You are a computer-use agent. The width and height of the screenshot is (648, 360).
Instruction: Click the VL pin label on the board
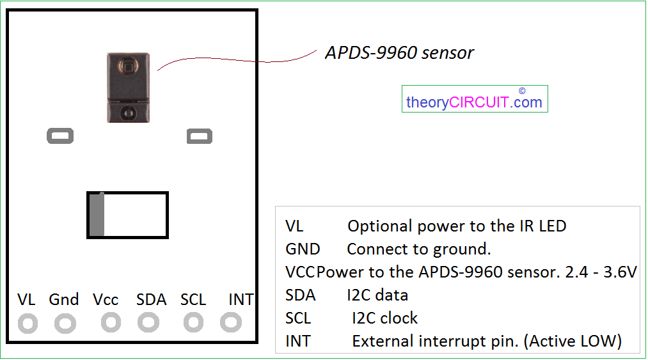click(x=26, y=300)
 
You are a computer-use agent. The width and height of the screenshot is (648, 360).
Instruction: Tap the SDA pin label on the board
click(x=151, y=300)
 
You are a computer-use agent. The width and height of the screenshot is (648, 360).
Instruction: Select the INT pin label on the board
click(x=241, y=300)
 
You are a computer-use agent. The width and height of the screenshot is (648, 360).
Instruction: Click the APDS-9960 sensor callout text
click(x=399, y=53)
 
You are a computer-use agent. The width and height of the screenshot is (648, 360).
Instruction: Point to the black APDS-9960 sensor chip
click(x=128, y=88)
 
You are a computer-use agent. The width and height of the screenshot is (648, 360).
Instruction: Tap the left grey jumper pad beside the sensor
click(x=60, y=136)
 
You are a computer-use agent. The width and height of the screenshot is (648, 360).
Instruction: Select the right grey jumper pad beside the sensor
click(x=200, y=136)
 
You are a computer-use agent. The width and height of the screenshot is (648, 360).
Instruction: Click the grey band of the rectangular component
click(x=97, y=214)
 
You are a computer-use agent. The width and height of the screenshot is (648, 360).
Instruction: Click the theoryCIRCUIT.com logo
click(x=475, y=98)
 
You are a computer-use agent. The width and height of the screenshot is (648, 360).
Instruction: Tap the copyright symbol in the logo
click(x=522, y=91)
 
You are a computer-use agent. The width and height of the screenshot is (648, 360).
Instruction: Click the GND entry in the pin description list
click(x=303, y=249)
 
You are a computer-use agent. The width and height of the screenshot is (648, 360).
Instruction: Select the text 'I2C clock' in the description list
click(x=384, y=318)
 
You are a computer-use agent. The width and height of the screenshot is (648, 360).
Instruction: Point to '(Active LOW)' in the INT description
click(x=573, y=341)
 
